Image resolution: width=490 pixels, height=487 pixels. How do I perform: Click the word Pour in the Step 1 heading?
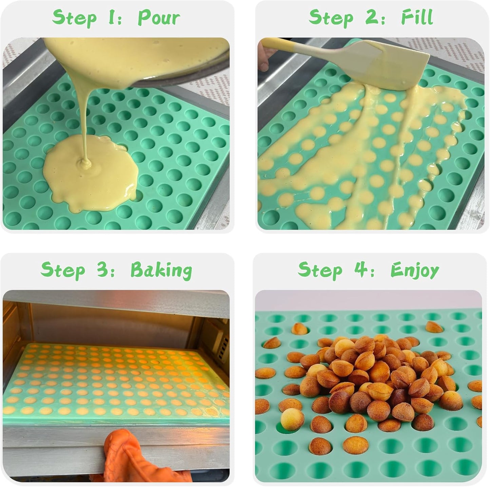coord(159,18)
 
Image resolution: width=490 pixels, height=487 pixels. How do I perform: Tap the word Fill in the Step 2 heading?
coord(417,17)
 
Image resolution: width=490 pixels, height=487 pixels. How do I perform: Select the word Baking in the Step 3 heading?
coord(161,270)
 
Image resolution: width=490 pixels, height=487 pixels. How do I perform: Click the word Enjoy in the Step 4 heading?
coord(415,270)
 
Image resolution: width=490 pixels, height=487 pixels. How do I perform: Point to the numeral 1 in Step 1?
coord(111,17)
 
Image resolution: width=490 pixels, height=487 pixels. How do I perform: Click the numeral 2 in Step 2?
coord(372,17)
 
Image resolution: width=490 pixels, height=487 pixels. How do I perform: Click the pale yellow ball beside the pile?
coord(292,419)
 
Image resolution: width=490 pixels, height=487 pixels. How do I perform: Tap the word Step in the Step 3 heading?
coord(63,271)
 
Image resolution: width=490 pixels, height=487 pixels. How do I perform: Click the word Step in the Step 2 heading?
coord(331,18)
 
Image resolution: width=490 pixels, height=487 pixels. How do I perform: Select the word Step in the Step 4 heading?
coord(320,270)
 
